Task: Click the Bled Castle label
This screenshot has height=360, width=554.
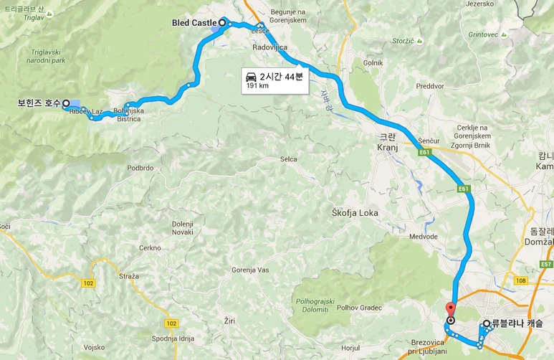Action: point(194,23)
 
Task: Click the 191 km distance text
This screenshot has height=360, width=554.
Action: point(257,86)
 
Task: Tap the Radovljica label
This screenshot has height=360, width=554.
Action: point(270,47)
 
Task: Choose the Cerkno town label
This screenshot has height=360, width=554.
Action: point(150,247)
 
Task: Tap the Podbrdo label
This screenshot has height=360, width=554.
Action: point(140,167)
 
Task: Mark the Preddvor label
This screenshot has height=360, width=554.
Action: point(430,86)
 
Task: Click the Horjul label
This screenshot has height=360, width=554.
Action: point(350,348)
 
